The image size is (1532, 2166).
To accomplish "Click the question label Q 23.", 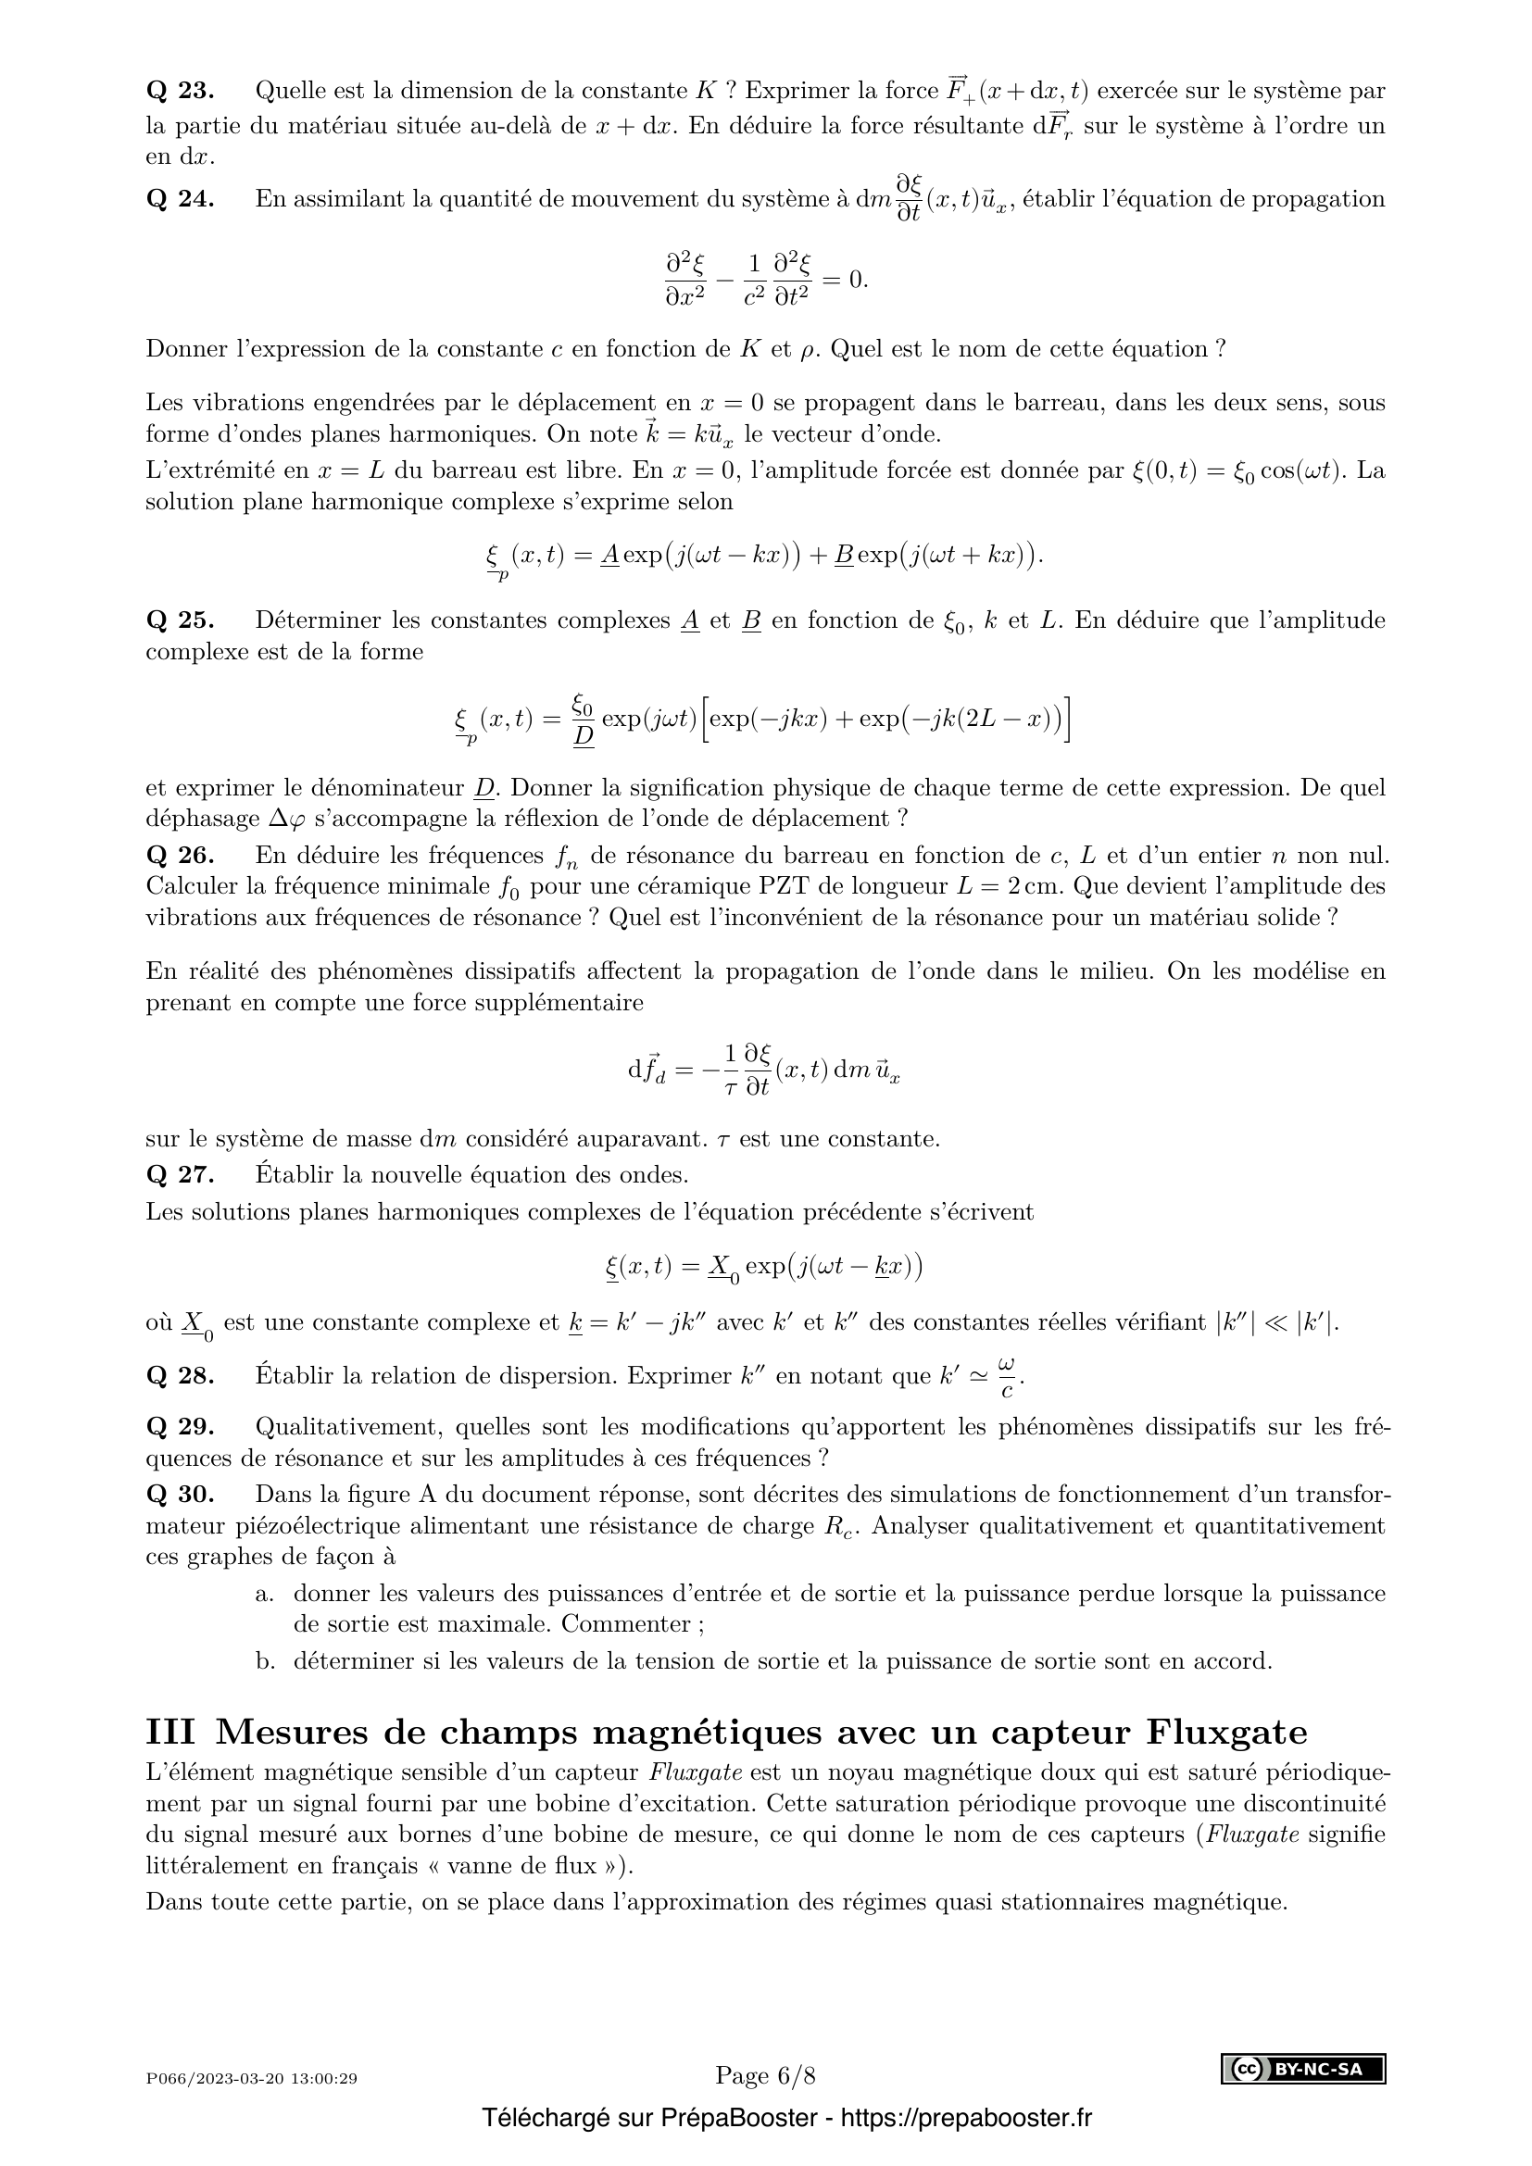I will click(x=181, y=92).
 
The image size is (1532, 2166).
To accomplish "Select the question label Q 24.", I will click(x=181, y=199).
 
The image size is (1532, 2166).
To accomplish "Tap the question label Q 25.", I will click(x=181, y=620).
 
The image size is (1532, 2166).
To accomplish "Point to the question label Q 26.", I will click(x=181, y=856).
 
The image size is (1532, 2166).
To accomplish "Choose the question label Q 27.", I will click(x=181, y=1174).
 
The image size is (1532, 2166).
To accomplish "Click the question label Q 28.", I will click(x=181, y=1375).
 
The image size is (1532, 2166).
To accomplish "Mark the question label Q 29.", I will click(x=181, y=1426).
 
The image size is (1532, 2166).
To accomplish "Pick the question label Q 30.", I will click(x=181, y=1495).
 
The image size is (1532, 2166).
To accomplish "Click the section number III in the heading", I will click(x=170, y=1732).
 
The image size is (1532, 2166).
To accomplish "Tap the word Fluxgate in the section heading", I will click(x=1226, y=1732).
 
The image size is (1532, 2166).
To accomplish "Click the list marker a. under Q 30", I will click(x=265, y=1595).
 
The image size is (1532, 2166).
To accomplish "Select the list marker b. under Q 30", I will click(x=265, y=1660).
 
